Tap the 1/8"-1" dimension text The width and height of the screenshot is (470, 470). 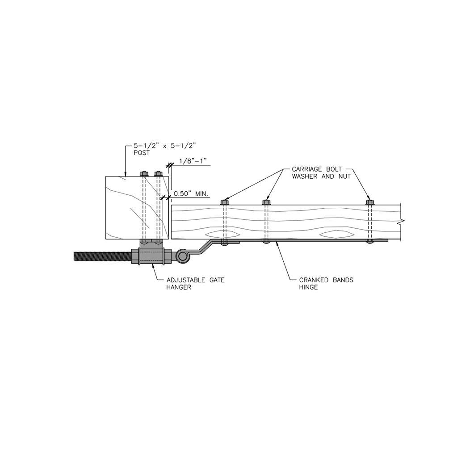click(x=193, y=161)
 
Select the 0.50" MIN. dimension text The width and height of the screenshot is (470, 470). click(x=191, y=193)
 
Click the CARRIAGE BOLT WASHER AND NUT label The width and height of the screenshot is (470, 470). click(x=321, y=173)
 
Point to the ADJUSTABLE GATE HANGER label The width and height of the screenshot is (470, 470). click(x=195, y=284)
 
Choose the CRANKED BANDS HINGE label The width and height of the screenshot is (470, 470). click(x=327, y=284)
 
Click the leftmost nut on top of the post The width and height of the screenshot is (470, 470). click(x=144, y=173)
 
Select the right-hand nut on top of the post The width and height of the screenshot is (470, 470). click(x=158, y=173)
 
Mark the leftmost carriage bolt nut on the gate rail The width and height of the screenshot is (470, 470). click(x=225, y=202)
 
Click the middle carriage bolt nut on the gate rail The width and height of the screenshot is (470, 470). click(x=266, y=202)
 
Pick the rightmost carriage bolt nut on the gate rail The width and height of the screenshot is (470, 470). click(x=370, y=202)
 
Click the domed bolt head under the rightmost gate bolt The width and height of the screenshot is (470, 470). click(x=370, y=242)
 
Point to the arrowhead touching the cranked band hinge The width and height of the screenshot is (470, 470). click(x=278, y=243)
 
